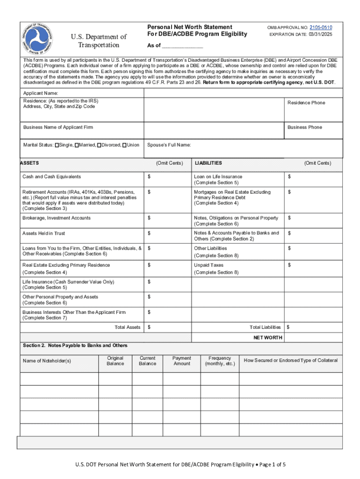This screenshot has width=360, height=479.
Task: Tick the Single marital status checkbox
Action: [x=57, y=145]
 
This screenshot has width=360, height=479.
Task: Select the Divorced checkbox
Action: [x=99, y=145]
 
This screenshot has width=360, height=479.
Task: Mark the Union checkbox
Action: [x=124, y=145]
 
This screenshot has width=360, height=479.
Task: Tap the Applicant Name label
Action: [x=41, y=94]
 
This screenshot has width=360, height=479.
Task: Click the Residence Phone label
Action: [x=306, y=103]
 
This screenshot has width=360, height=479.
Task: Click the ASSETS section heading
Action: [x=29, y=163]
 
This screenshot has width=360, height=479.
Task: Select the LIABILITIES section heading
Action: [x=209, y=163]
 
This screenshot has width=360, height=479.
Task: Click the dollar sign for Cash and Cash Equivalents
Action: [x=149, y=177]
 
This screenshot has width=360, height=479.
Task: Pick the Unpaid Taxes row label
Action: [x=209, y=265]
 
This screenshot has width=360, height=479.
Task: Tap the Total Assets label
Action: [x=127, y=327]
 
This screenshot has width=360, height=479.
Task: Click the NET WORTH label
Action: [x=267, y=338]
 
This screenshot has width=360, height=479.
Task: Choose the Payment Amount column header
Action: [x=182, y=361]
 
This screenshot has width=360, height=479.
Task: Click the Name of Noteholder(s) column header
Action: [x=47, y=361]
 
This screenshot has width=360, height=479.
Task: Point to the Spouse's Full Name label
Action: [x=169, y=145]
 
